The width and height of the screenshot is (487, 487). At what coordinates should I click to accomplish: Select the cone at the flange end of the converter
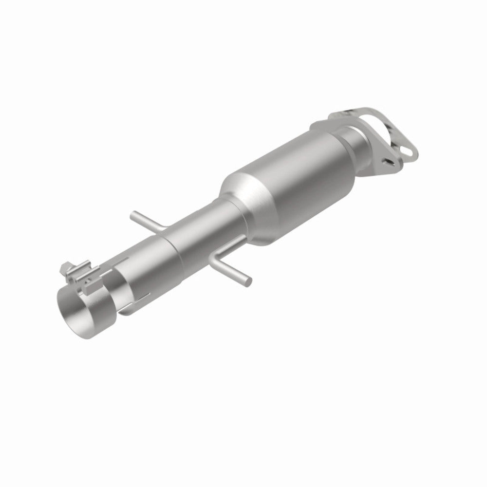pos(341,141)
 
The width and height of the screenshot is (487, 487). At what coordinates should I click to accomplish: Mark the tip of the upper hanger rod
pos(132,214)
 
